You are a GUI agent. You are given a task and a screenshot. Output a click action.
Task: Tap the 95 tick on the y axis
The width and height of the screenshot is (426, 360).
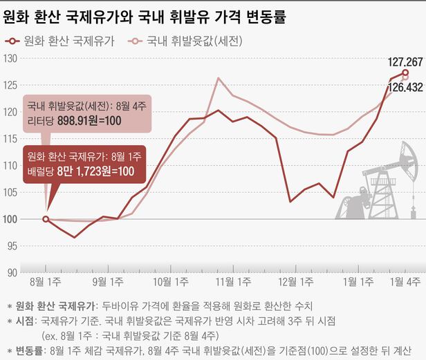click(x=10, y=246)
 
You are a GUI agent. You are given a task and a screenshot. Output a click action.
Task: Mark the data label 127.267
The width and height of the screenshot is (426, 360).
click(x=405, y=60)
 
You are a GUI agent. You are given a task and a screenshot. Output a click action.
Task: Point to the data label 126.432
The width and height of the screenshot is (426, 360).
click(x=405, y=89)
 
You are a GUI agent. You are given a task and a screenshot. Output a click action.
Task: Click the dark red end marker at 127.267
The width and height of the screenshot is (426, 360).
click(x=405, y=73)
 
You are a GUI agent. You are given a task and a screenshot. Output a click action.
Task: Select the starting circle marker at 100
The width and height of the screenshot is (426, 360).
click(x=46, y=219)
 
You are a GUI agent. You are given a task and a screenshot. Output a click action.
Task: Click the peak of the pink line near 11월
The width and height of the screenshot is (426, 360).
click(x=219, y=78)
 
